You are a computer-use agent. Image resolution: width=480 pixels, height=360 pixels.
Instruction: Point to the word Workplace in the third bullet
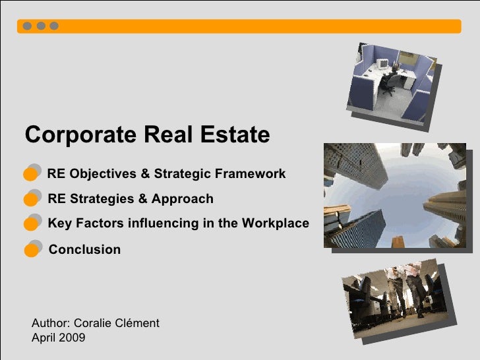click(x=275, y=224)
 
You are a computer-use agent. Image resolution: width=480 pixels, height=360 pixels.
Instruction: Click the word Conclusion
click(x=84, y=250)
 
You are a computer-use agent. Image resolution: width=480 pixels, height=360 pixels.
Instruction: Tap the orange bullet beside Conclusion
click(x=30, y=250)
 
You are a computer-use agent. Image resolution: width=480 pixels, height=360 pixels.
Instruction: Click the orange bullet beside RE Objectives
click(x=30, y=174)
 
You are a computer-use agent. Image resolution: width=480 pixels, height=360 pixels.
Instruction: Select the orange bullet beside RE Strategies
click(x=30, y=199)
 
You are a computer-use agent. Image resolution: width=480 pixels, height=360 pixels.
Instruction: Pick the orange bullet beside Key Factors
click(x=30, y=224)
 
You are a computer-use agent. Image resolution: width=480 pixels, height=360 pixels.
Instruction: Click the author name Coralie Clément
click(x=117, y=323)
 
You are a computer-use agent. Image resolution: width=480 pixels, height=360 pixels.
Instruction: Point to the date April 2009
click(x=58, y=338)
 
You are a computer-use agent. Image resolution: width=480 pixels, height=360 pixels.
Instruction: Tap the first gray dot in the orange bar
click(x=27, y=26)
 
